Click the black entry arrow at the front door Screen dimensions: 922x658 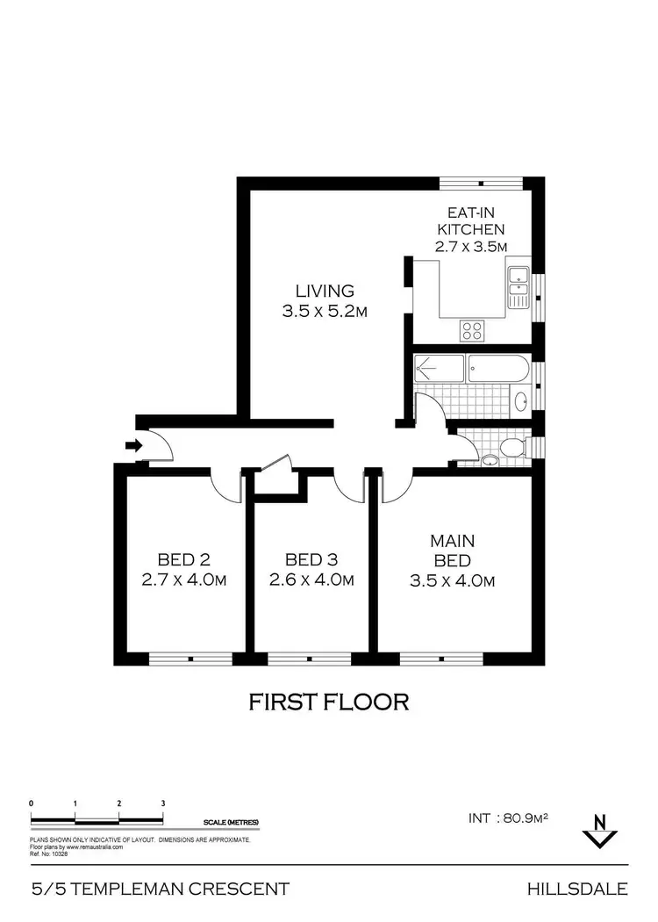click(133, 445)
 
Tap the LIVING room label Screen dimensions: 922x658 click(324, 291)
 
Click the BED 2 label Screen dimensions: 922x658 click(183, 559)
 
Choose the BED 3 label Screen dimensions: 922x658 click(311, 559)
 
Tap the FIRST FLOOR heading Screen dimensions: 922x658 click(329, 702)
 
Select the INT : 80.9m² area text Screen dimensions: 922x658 click(509, 818)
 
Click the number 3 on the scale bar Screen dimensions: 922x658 click(163, 803)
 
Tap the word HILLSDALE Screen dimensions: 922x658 click(577, 889)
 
